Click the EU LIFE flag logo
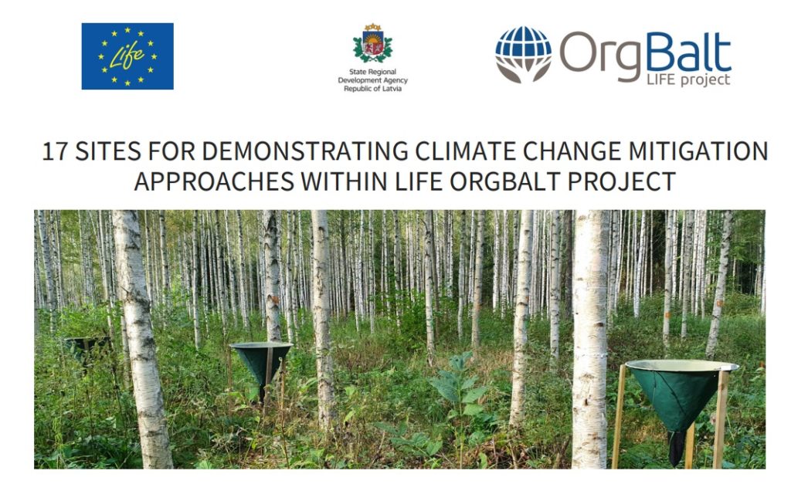click(x=127, y=56)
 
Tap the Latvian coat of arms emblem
click(x=373, y=43)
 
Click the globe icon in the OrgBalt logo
click(x=523, y=54)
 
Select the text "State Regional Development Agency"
click(x=373, y=76)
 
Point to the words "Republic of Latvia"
click(x=373, y=89)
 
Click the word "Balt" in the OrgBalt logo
click(x=688, y=52)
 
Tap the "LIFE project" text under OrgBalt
click(x=688, y=80)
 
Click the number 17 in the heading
click(x=55, y=151)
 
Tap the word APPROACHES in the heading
click(x=214, y=181)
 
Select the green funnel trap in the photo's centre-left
click(x=261, y=363)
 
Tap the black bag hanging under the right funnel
click(x=676, y=449)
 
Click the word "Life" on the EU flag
click(x=127, y=55)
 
